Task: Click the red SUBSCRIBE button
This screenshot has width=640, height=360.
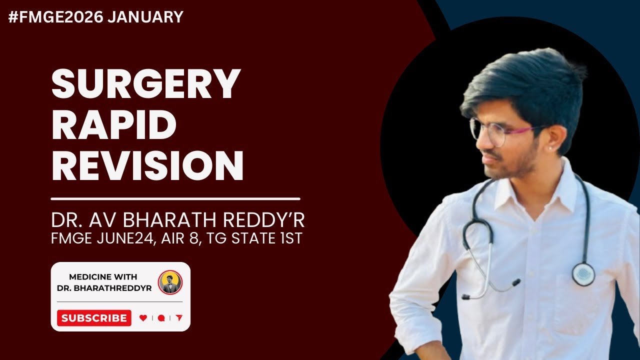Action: coord(94,318)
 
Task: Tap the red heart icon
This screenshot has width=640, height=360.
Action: coord(143,318)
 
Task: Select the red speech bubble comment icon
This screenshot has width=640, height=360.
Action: coord(161,318)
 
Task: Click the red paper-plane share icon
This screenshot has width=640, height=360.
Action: coord(179,318)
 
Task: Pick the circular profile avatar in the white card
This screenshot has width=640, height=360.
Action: coord(170,282)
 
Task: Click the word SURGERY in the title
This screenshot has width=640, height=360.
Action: coord(146,83)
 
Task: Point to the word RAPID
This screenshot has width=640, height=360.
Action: coord(113,125)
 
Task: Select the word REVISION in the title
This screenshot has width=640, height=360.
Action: coord(147,166)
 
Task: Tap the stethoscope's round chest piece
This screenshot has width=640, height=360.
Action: coord(583,274)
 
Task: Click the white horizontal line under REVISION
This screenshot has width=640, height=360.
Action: coord(175,198)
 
